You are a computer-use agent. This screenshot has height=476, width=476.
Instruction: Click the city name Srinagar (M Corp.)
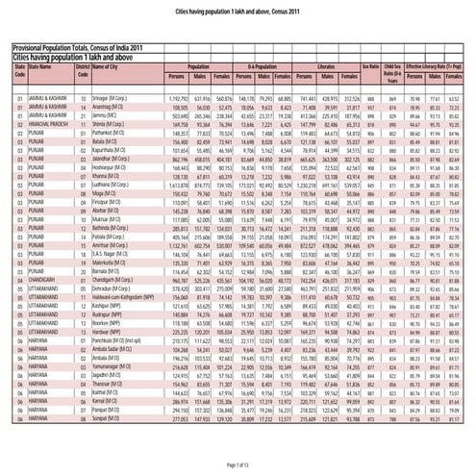pos(109,99)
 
